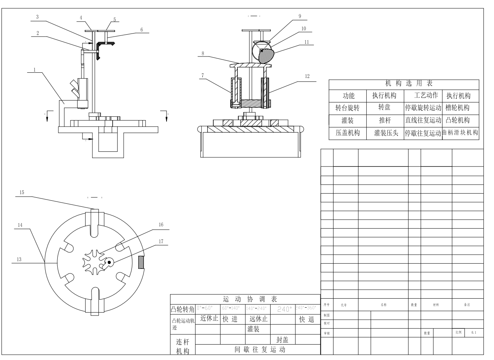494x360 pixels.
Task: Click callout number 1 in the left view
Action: pyautogui.click(x=34, y=70)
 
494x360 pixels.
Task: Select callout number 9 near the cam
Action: pyautogui.click(x=300, y=16)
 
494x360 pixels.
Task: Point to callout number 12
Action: pyautogui.click(x=307, y=76)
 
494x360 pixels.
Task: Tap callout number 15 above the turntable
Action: pyautogui.click(x=22, y=192)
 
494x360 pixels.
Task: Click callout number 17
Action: pyautogui.click(x=161, y=241)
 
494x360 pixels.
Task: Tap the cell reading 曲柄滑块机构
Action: pyautogui.click(x=460, y=133)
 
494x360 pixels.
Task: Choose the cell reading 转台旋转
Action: pyautogui.click(x=347, y=108)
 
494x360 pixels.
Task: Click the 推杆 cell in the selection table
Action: pyautogui.click(x=385, y=121)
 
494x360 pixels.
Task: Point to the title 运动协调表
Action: pyautogui.click(x=250, y=299)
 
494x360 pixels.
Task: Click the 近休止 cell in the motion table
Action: pyautogui.click(x=209, y=319)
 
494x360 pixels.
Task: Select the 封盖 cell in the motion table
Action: pyautogui.click(x=282, y=340)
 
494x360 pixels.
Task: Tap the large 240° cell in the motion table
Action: pyautogui.click(x=283, y=309)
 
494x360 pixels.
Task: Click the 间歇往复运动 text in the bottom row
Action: pyautogui.click(x=260, y=349)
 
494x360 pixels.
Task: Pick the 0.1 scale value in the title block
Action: pyautogui.click(x=474, y=333)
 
